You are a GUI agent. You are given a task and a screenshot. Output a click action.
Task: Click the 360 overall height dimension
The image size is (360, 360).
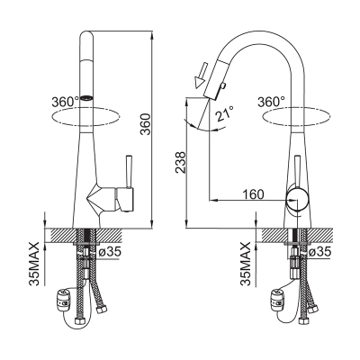tap(146, 124)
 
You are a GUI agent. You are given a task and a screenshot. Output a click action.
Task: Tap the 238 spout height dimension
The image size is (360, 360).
tap(181, 162)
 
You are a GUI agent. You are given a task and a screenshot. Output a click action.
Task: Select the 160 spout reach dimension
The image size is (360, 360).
tap(253, 194)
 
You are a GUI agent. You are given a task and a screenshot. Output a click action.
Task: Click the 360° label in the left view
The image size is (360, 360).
tap(65, 102)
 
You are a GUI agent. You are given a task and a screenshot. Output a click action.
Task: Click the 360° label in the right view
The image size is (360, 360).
tap(271, 102)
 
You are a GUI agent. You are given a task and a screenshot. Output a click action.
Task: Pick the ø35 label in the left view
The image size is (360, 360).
tap(110, 251)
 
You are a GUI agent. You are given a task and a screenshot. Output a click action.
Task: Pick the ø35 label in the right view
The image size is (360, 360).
tap(320, 251)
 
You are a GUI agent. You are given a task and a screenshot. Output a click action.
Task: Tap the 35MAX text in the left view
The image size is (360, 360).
tap(34, 264)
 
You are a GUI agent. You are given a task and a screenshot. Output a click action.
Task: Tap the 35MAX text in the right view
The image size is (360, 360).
tap(245, 264)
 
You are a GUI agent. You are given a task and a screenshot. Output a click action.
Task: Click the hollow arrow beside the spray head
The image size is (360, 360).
tap(201, 75)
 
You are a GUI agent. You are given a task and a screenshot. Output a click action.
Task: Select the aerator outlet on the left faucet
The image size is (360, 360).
tap(86, 97)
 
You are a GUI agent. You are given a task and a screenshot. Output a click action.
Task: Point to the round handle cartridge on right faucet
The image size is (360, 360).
tap(297, 200)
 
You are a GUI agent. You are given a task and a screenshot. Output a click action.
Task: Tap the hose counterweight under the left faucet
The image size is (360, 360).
tap(64, 299)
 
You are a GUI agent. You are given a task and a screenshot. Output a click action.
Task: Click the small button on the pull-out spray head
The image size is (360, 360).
tap(222, 86)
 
